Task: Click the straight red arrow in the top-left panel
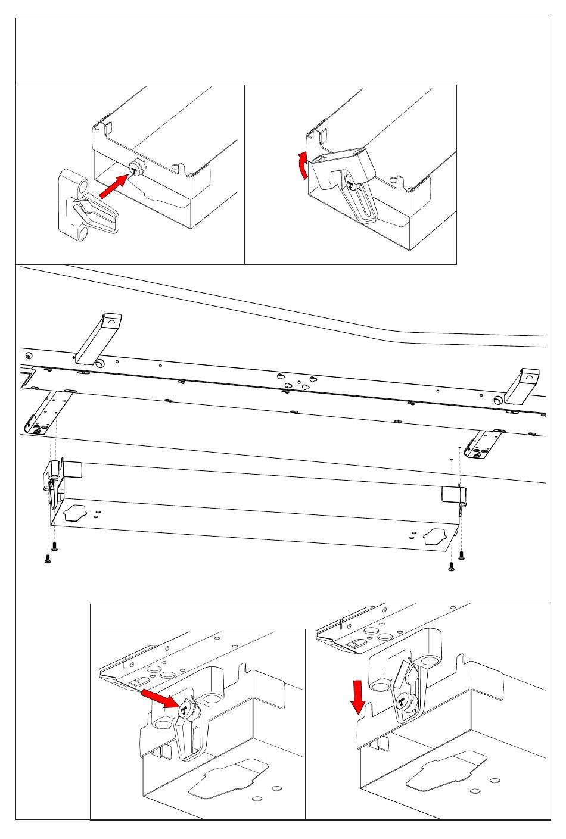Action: [x=113, y=186]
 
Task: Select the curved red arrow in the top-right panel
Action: [x=304, y=165]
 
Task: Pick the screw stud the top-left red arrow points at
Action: [x=136, y=170]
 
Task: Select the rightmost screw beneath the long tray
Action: [x=462, y=556]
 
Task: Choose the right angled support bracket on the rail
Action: [x=522, y=385]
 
